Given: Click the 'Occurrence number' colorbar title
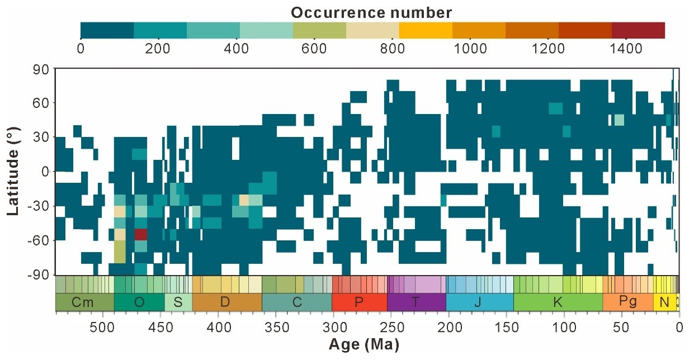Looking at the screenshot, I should (x=372, y=11).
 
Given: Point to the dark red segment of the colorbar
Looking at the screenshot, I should (x=638, y=30).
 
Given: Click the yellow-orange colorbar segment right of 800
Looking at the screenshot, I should (x=425, y=30).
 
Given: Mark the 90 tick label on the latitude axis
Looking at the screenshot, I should (x=44, y=69).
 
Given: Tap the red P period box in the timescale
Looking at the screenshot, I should (x=359, y=302).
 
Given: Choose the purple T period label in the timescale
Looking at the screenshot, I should (x=416, y=302).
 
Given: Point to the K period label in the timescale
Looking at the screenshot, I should (x=558, y=302).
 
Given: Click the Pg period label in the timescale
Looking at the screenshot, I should (x=627, y=302).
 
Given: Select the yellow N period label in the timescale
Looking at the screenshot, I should (x=664, y=302).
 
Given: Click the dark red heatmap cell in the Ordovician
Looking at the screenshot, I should (x=140, y=234).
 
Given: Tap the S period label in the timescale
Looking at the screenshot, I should (x=178, y=302).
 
